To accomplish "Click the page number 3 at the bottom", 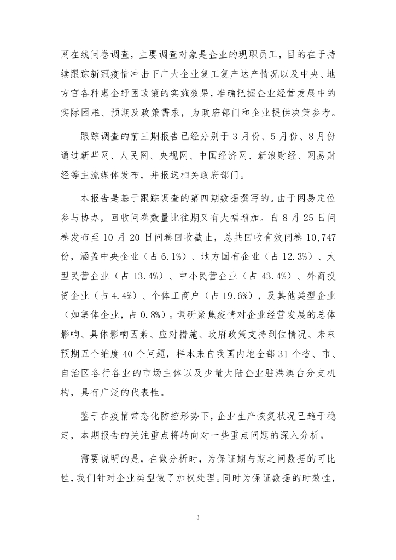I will point(198,516).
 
